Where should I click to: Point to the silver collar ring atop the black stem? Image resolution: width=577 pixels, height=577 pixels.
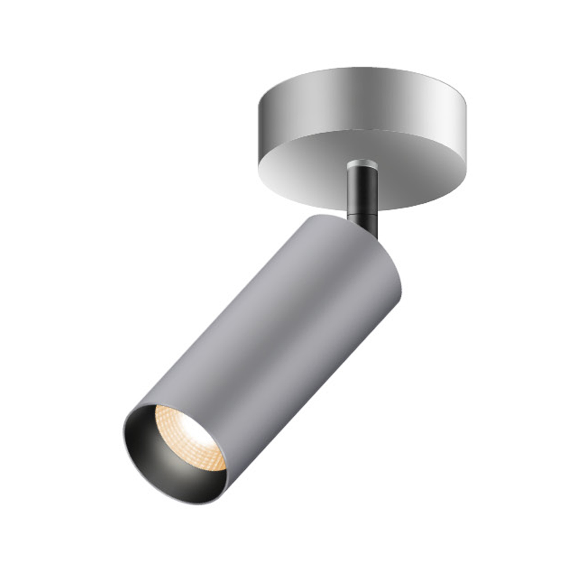coord(361,164)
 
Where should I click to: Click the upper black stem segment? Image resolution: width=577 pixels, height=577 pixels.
coord(361,186)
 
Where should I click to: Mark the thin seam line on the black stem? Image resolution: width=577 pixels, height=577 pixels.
coord(361,207)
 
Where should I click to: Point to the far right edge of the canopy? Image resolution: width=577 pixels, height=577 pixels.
coord(465,139)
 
